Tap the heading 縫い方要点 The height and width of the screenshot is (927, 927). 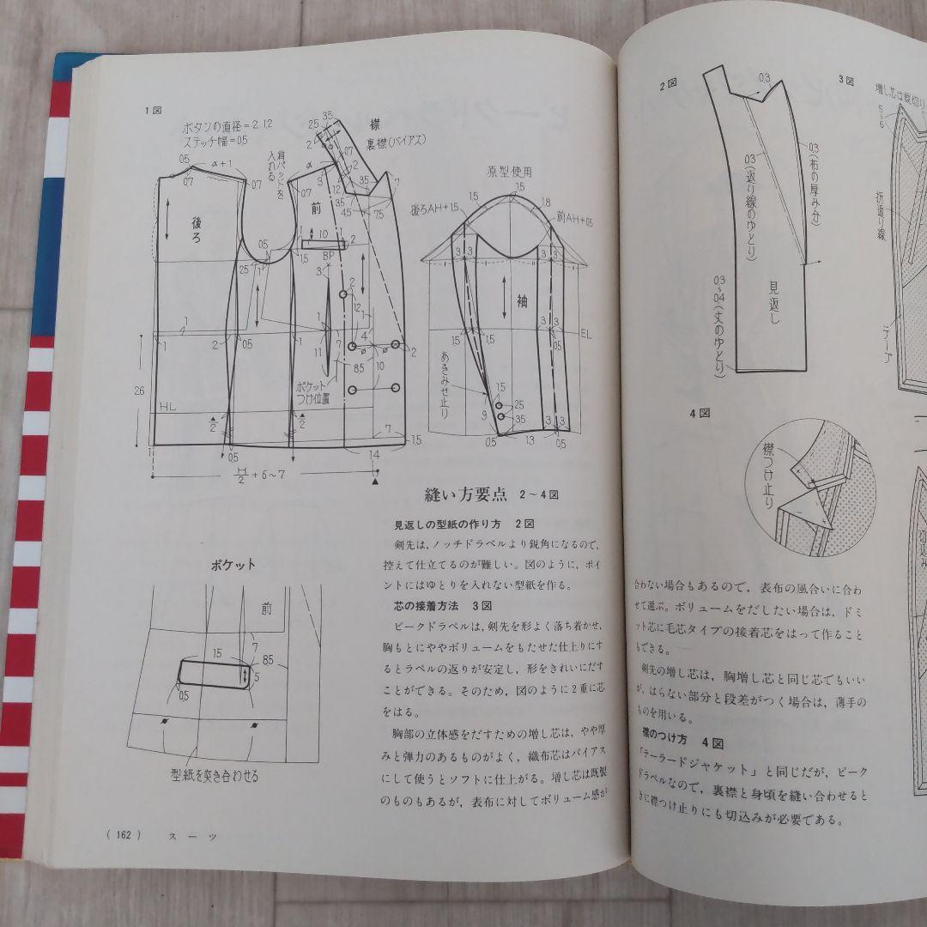click(x=462, y=495)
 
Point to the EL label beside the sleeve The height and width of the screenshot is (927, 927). click(x=586, y=333)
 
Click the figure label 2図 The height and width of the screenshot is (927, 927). click(x=669, y=84)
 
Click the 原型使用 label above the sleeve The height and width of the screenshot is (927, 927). click(x=510, y=172)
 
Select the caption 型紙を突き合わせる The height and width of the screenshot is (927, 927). click(x=215, y=776)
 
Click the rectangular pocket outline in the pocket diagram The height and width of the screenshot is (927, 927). click(x=214, y=674)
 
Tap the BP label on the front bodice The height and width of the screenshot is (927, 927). click(x=328, y=256)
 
